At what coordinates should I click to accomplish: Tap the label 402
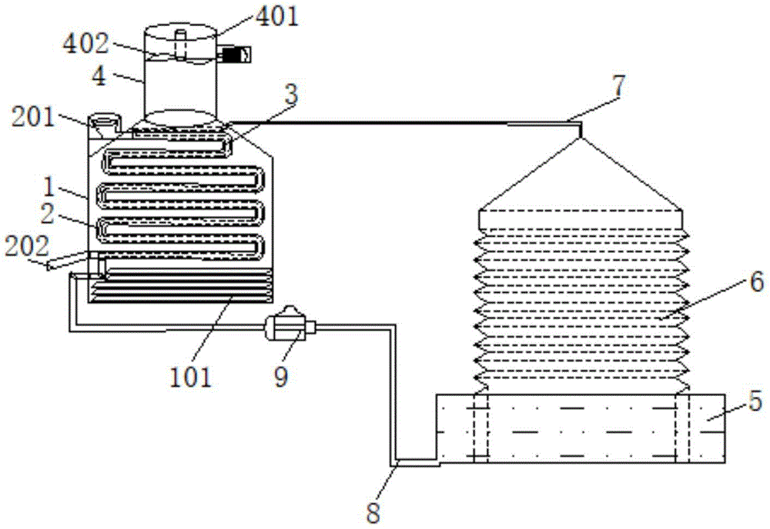(85, 44)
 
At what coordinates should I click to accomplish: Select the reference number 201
(33, 118)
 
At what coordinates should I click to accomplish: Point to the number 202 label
(27, 247)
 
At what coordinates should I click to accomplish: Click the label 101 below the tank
(190, 378)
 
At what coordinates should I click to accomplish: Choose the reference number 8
(373, 513)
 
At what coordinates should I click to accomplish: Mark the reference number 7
(619, 86)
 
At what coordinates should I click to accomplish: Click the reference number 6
(757, 282)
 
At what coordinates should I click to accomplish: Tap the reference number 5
(755, 401)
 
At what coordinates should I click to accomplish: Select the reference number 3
(292, 95)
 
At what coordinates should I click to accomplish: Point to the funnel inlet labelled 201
(104, 125)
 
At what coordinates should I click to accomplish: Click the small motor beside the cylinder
(235, 54)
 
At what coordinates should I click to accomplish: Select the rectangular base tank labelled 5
(581, 428)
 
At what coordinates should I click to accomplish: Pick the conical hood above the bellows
(581, 174)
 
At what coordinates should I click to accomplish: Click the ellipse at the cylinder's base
(179, 118)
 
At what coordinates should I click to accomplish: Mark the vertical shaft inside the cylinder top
(181, 45)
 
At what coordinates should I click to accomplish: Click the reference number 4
(99, 77)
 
